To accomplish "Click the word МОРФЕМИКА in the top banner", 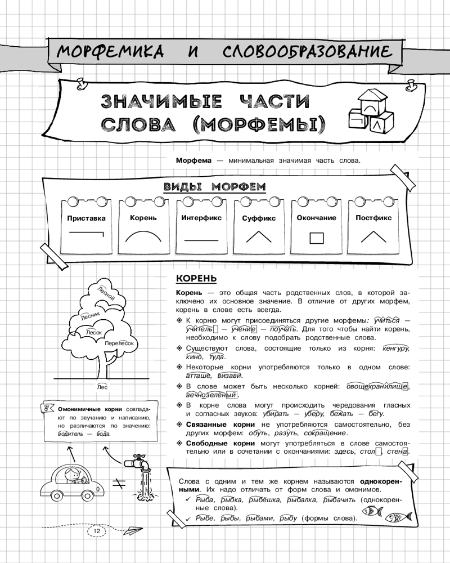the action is click(x=110, y=51).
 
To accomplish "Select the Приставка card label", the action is click(x=87, y=218).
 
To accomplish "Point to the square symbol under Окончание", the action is click(x=316, y=238).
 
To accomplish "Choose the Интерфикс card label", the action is click(x=201, y=218).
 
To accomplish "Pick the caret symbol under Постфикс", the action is click(x=373, y=236).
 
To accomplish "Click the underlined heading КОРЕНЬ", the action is click(x=196, y=279).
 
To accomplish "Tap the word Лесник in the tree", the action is click(x=91, y=316).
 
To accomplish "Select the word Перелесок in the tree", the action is click(x=119, y=343).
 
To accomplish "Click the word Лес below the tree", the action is click(x=102, y=387).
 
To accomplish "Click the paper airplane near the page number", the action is click(x=132, y=530).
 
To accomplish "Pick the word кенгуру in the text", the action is click(x=396, y=348).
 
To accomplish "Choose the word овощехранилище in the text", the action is click(x=377, y=387).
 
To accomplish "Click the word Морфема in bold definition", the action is click(x=193, y=160).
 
